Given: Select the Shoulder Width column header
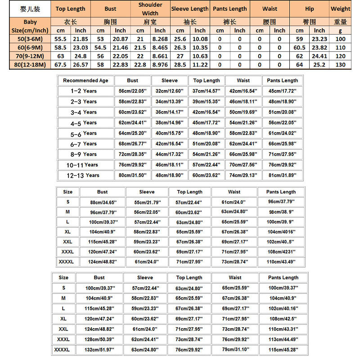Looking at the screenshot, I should (150, 9).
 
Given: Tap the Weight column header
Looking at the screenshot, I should (340, 9).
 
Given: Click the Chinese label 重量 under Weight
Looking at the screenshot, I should (340, 22).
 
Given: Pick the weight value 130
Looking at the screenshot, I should (340, 65).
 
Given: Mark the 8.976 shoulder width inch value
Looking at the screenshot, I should (160, 65).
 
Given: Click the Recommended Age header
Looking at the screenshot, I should (85, 81).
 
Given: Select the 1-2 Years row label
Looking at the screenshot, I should (84, 91).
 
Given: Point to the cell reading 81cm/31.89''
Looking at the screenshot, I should (283, 175).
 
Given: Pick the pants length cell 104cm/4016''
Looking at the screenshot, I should (281, 232).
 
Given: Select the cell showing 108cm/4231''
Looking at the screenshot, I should (281, 252).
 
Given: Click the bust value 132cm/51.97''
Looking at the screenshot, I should (99, 350).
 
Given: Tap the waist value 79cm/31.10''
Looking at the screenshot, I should (235, 350).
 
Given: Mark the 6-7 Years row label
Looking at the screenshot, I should (84, 144).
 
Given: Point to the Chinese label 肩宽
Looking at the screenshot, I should (150, 22).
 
